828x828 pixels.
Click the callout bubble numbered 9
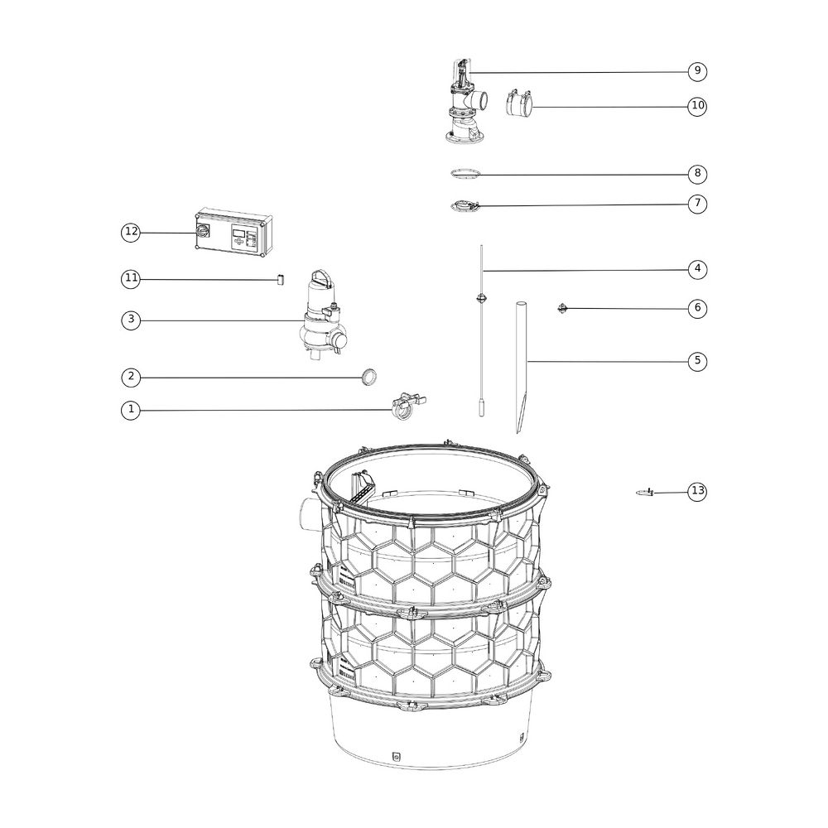coord(697,70)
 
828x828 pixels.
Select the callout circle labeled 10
coord(697,106)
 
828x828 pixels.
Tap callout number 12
coord(131,232)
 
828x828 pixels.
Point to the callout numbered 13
coord(697,491)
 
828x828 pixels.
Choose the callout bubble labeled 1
coord(131,410)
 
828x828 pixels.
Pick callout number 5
coord(697,361)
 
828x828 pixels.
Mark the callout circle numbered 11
coord(131,278)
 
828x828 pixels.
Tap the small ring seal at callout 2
coord(369,377)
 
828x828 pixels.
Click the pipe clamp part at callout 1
coord(407,407)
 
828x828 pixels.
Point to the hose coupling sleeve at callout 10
coord(518,102)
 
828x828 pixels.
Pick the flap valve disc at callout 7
coord(465,206)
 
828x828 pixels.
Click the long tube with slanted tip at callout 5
coord(522,367)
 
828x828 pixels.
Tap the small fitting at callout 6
coord(563,308)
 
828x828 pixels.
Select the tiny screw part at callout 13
coord(646,493)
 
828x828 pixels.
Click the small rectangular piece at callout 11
coord(281,279)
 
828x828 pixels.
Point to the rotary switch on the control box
coord(202,231)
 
